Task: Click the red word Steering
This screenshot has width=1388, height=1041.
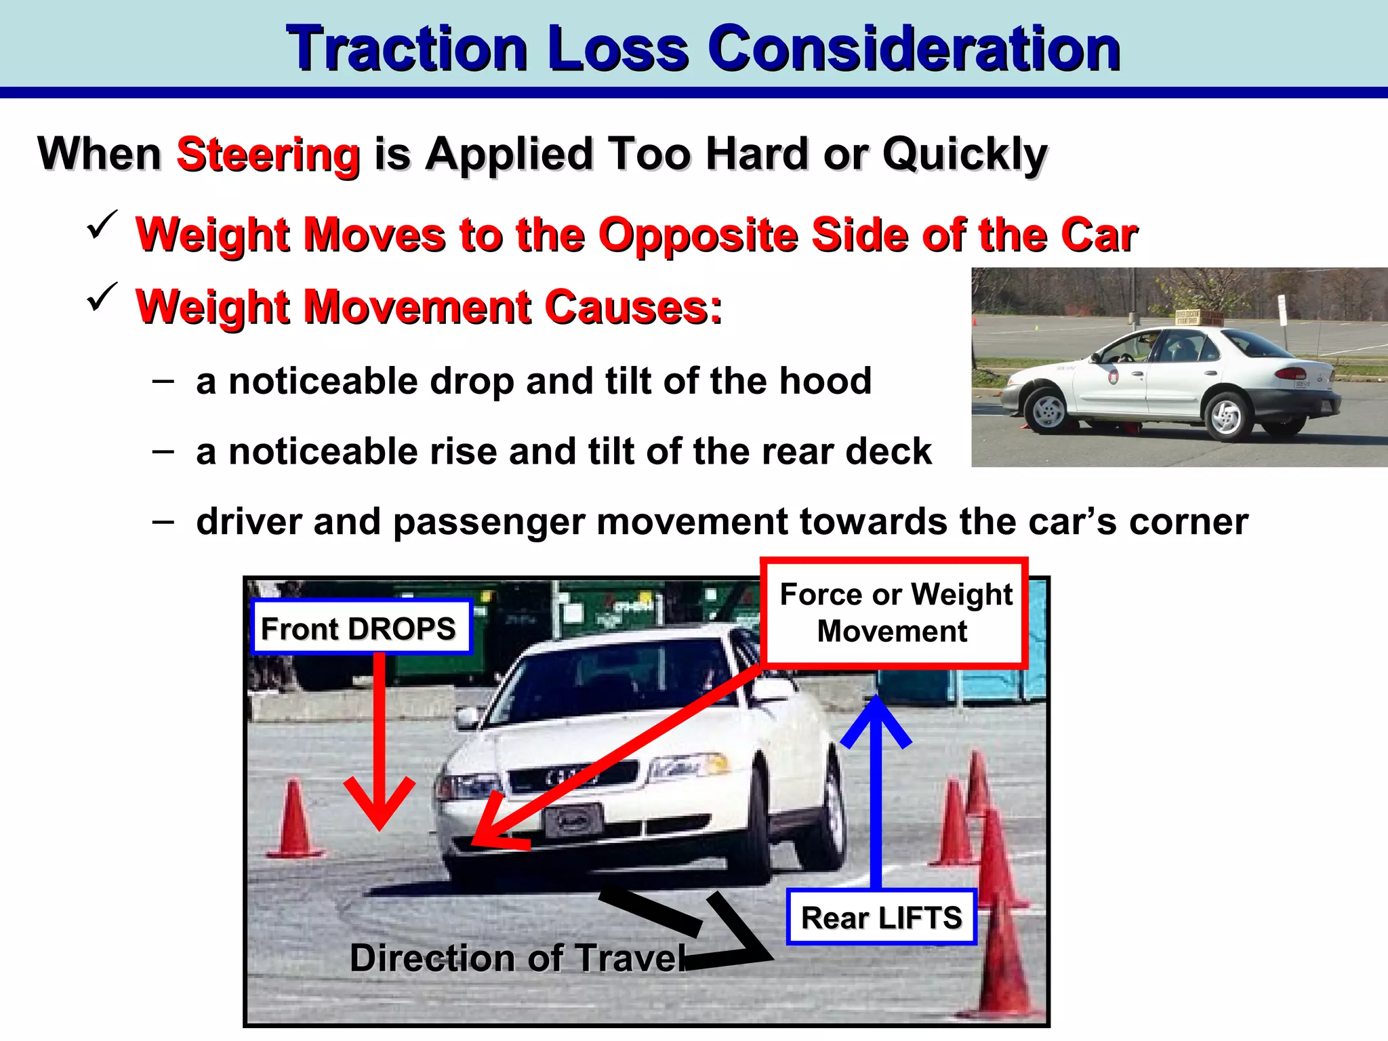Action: (x=268, y=155)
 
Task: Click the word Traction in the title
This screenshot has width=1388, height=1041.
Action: (x=407, y=49)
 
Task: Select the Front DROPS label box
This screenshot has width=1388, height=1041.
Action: (x=361, y=628)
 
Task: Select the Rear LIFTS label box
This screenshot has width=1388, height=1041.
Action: (x=881, y=918)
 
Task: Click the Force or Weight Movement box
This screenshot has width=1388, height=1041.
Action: (x=895, y=613)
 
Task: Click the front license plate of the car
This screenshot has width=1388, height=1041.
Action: (x=573, y=820)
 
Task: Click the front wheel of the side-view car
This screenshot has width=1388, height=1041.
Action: (x=1048, y=409)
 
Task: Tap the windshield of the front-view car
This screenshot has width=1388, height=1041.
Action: (x=610, y=678)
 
